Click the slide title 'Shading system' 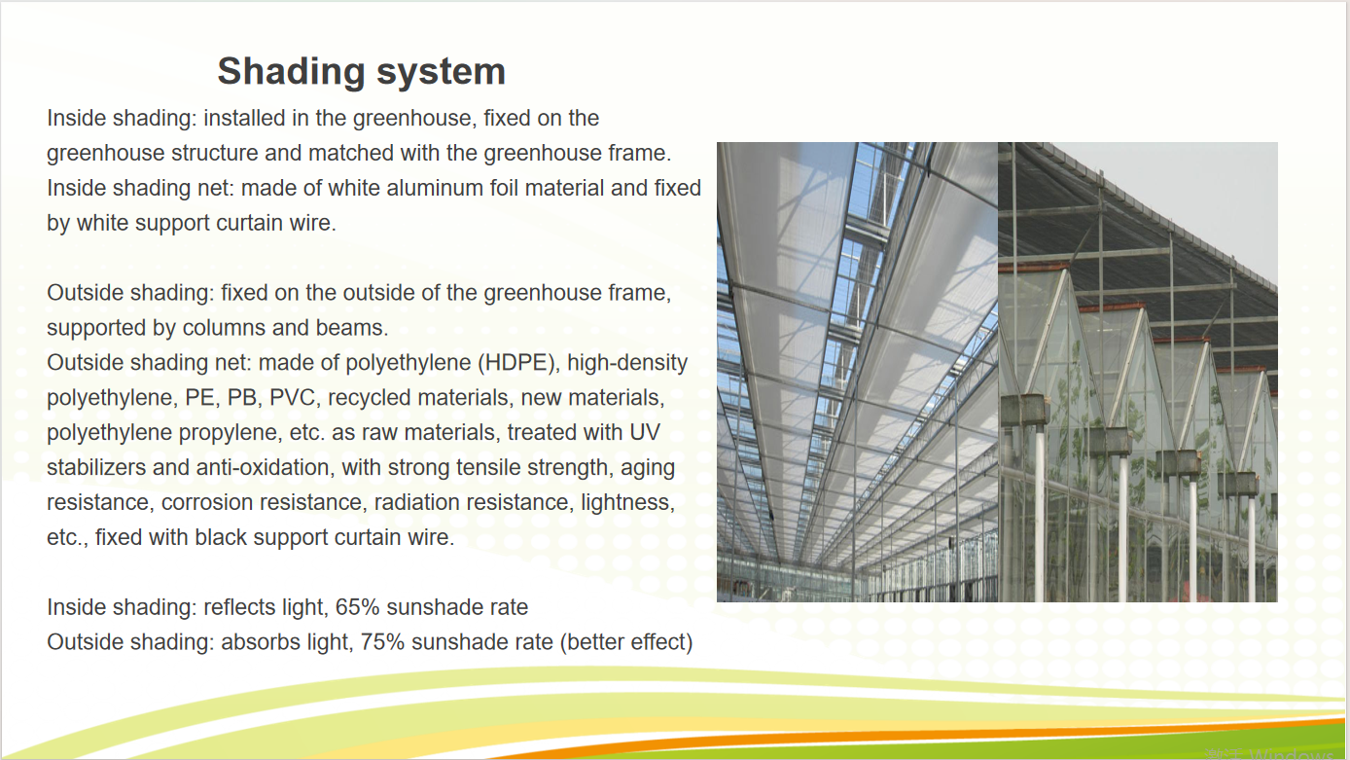361,72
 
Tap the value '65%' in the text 357,608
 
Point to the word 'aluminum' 431,188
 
